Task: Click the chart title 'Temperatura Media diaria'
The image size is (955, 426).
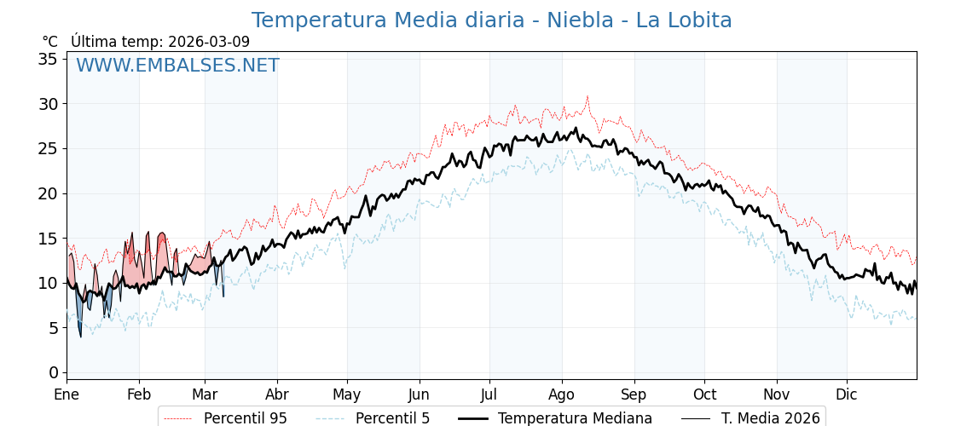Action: (491, 20)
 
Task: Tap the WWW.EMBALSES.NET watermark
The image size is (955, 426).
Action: (177, 66)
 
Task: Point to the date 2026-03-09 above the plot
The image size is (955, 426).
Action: (209, 42)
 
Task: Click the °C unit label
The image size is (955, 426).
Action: (49, 42)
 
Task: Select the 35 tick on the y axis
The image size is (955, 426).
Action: (48, 59)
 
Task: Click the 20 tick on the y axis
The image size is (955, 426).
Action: (48, 193)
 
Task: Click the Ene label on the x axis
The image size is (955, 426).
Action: (67, 394)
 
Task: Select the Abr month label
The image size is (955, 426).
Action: (277, 394)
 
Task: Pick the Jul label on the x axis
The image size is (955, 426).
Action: (489, 394)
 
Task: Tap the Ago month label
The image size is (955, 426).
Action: (561, 394)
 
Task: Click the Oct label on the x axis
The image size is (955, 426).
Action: (704, 394)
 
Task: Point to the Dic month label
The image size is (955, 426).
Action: (847, 394)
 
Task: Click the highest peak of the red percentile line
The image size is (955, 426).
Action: (587, 97)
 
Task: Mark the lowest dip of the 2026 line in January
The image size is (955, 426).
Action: (81, 337)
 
